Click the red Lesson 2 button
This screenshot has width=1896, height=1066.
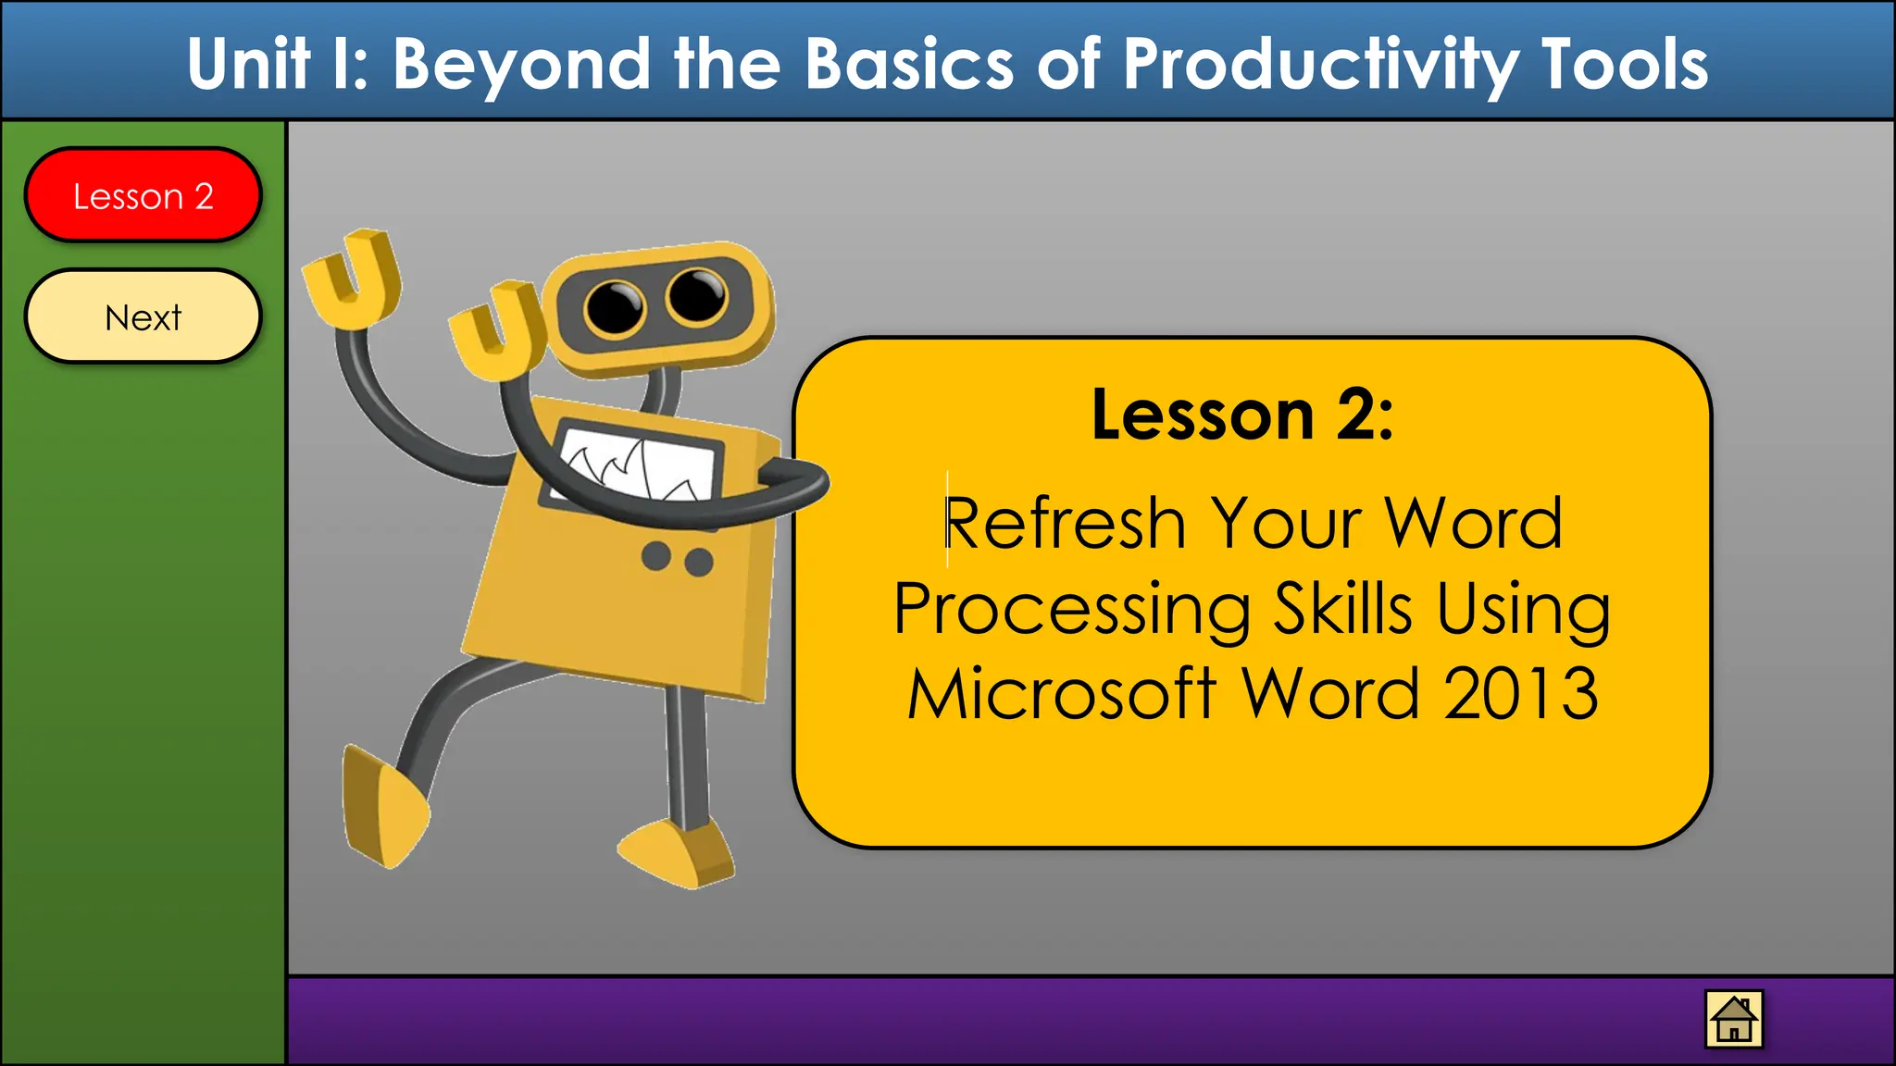(x=143, y=195)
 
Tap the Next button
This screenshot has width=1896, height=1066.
(x=143, y=316)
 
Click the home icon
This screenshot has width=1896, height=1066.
(x=1733, y=1019)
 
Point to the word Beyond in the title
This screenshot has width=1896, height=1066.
(x=521, y=65)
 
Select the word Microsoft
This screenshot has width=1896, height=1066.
(x=1061, y=694)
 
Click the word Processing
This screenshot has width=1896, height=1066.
(x=1072, y=611)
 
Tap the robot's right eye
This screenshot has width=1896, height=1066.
(x=697, y=295)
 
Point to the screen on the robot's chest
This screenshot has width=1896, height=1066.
(x=639, y=463)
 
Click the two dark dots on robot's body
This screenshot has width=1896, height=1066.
(x=677, y=559)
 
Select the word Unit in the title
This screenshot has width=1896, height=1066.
(x=248, y=65)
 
